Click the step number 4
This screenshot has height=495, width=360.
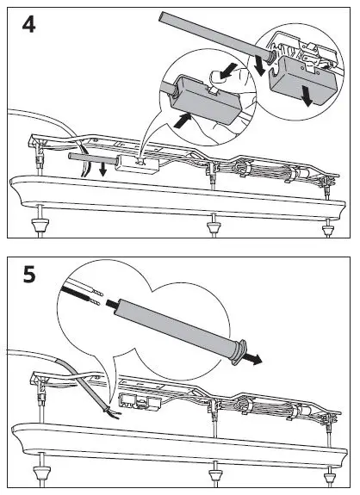point(28,24)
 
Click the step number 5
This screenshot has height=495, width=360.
point(29,275)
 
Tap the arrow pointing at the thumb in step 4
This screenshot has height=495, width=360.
point(228,71)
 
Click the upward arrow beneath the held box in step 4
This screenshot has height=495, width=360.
point(183,121)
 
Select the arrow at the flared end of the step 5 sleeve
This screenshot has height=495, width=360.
point(253,358)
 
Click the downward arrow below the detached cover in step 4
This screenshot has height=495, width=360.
point(307,95)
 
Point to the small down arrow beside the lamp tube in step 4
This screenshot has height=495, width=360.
point(102,170)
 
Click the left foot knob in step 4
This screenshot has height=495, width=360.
point(40,226)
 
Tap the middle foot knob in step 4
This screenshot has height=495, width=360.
point(214,226)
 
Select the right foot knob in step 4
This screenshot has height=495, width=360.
point(328,230)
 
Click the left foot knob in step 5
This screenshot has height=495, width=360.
point(41,473)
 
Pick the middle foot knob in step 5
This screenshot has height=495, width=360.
point(216,475)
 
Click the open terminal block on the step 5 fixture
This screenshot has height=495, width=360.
point(140,401)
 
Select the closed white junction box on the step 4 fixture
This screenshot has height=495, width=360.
point(137,164)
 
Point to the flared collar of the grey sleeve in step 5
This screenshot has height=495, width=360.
point(239,352)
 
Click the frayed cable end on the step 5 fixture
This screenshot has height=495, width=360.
point(112,413)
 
